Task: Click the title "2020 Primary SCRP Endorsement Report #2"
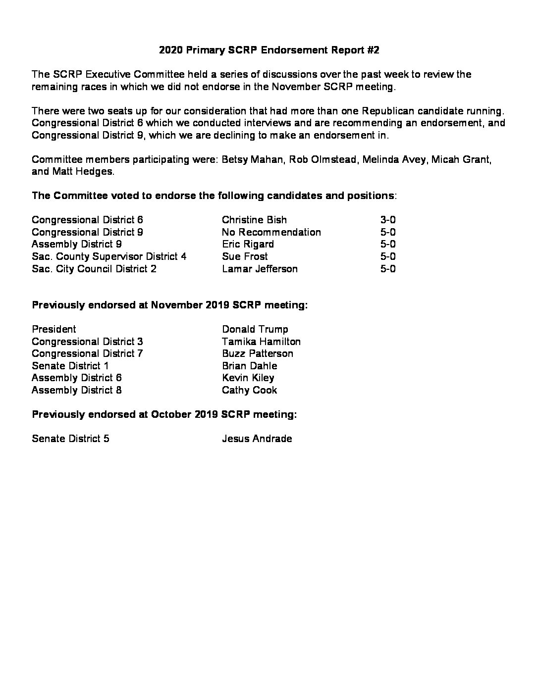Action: (269, 50)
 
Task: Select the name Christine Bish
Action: (254, 220)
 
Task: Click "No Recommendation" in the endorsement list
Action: (271, 232)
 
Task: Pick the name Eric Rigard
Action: (248, 244)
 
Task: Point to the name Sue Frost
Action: (245, 256)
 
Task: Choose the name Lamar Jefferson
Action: (260, 269)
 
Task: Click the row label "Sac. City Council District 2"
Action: (94, 269)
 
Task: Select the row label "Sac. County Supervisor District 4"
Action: (108, 256)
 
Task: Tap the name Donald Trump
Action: (255, 329)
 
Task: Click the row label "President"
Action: (54, 329)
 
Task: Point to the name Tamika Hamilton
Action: (261, 342)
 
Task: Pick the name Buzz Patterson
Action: (257, 353)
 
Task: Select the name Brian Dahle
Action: (249, 366)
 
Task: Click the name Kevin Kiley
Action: (248, 378)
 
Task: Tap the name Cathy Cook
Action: (249, 390)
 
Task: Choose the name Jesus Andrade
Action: (257, 439)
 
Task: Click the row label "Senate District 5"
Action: (70, 439)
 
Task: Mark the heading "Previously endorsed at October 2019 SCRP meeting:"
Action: (164, 414)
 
